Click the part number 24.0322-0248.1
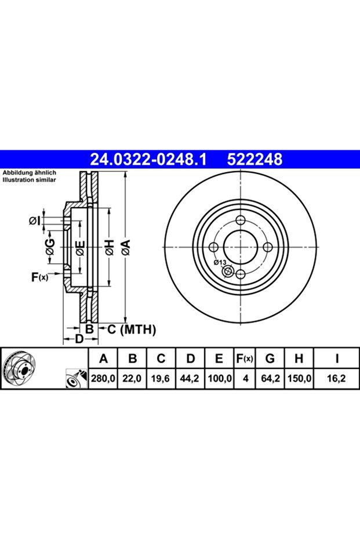point(148,160)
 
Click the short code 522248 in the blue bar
point(254,160)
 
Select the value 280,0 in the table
point(103,379)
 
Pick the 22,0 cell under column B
point(132,379)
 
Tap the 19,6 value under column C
point(161,379)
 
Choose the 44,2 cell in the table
point(190,379)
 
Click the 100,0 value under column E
point(219,379)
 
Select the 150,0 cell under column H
point(299,379)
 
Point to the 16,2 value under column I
point(337,379)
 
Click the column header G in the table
point(270,359)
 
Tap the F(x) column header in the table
point(245,359)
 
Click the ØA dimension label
point(126,248)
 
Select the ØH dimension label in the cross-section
point(110,248)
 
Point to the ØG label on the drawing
point(50,248)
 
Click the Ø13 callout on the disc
point(220,262)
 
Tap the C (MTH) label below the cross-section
point(132,329)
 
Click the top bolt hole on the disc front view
point(241,220)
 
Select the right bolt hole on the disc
point(268,247)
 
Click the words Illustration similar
point(29,180)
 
